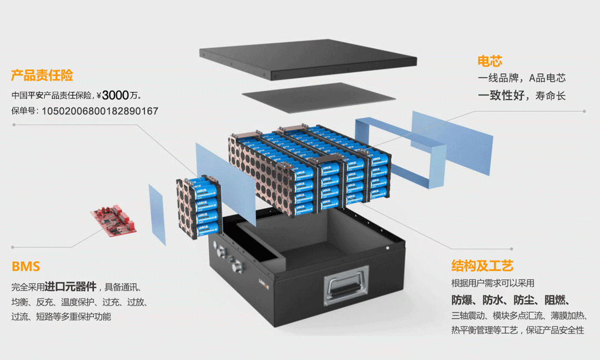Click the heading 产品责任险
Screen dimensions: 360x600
[42, 76]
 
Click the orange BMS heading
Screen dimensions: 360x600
[26, 267]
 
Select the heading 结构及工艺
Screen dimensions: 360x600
[482, 266]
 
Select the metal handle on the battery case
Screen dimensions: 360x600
[346, 283]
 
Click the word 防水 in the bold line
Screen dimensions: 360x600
[494, 300]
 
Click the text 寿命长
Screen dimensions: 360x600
[551, 96]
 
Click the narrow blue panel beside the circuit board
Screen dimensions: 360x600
[157, 214]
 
